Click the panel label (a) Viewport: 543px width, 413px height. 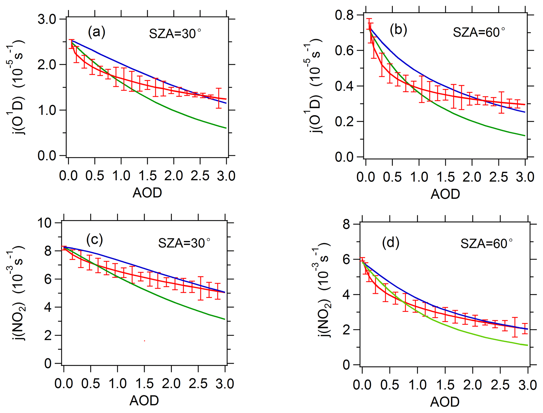tap(97, 32)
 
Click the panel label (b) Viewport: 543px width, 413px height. tap(398, 30)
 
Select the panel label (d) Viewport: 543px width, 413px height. tap(391, 242)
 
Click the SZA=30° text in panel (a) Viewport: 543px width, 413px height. tap(175, 34)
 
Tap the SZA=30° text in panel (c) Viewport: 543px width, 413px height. tap(184, 243)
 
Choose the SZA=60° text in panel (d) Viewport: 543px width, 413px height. tap(486, 244)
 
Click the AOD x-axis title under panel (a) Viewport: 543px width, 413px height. tap(147, 193)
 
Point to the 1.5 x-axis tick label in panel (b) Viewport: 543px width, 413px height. tap(446, 177)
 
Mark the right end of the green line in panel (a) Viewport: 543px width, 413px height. tap(226, 128)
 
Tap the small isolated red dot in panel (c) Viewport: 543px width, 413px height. tap(144, 341)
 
